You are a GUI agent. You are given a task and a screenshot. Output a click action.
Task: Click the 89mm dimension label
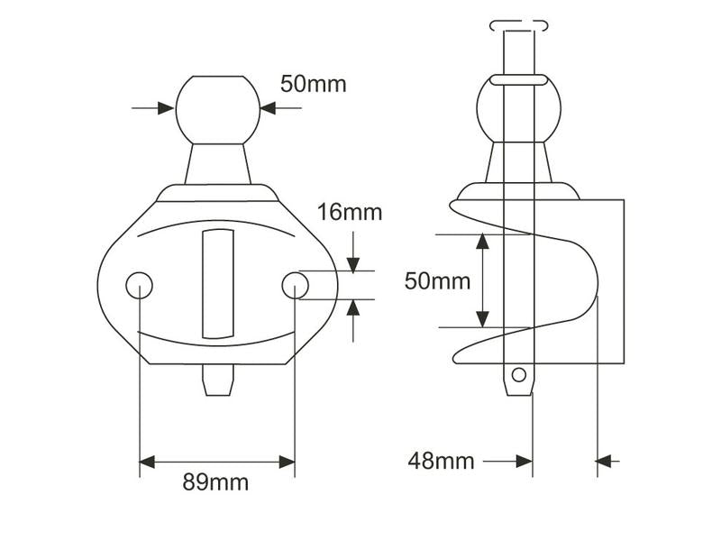coord(215,482)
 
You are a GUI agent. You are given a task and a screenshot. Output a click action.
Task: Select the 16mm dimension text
coord(350,213)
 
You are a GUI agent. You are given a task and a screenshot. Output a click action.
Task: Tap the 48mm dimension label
coord(441,461)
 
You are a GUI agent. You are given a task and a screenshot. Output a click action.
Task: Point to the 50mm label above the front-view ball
coord(313,84)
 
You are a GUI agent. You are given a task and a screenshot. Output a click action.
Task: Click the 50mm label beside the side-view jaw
coord(437,280)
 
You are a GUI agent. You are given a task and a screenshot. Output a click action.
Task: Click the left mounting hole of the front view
coord(140,285)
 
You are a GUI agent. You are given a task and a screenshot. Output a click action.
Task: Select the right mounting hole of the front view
coord(296,285)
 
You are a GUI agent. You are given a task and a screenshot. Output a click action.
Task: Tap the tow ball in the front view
coord(218,110)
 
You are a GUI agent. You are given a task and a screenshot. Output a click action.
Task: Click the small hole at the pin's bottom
coord(519,375)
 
